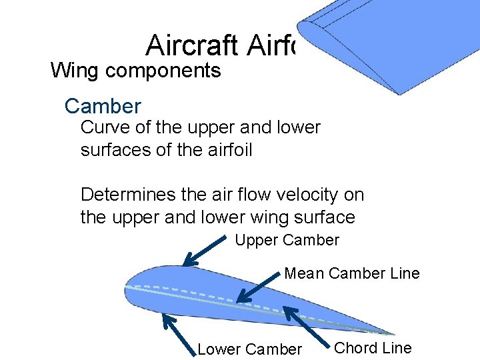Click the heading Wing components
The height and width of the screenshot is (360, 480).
135,70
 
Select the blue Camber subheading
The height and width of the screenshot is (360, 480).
103,106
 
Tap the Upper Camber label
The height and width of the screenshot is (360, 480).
287,240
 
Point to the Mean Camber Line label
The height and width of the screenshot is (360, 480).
352,273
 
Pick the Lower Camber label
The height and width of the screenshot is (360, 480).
250,349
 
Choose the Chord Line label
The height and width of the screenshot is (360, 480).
373,347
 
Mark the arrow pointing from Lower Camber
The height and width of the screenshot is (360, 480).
179,333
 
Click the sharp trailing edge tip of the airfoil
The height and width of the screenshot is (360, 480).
393,333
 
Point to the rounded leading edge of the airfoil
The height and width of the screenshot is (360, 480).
127,290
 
